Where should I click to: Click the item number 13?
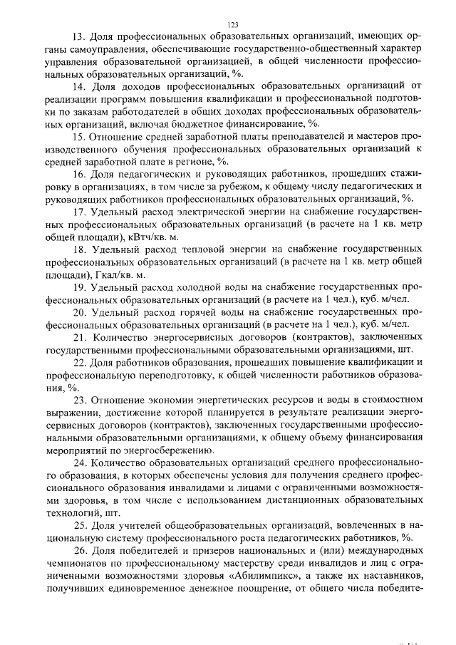78,36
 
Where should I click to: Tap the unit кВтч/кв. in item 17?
152,236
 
